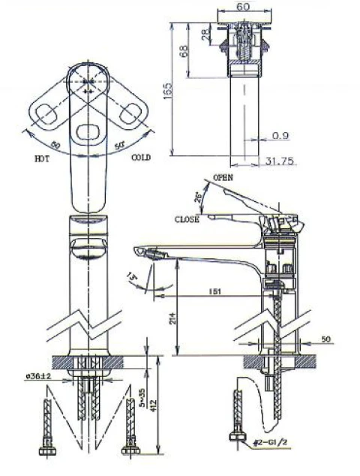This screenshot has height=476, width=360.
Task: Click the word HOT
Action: (x=42, y=158)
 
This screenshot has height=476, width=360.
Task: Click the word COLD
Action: (x=141, y=158)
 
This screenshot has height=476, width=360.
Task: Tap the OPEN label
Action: (x=223, y=177)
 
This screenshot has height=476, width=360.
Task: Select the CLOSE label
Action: (x=187, y=220)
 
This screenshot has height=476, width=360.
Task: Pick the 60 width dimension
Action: (x=242, y=7)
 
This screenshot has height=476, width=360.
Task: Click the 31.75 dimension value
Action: (x=280, y=160)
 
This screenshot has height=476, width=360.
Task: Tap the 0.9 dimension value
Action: (x=281, y=135)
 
